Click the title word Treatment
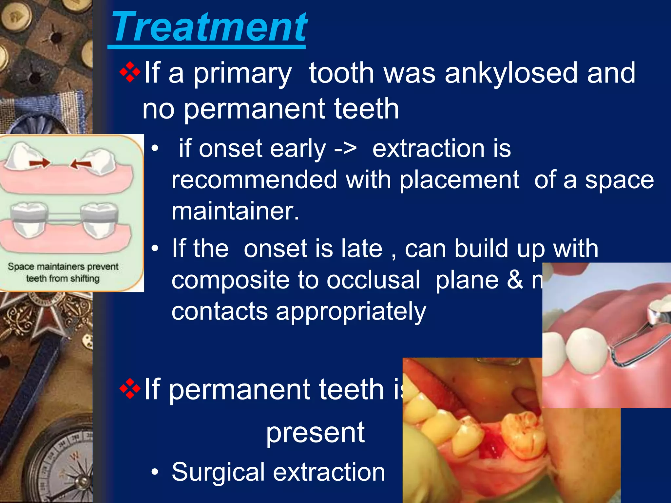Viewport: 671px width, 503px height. tap(209, 28)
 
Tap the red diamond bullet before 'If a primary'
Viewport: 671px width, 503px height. tap(130, 72)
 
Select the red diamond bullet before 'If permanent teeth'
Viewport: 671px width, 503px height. tap(130, 389)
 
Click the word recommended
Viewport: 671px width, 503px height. tap(254, 180)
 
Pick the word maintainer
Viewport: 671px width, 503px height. tap(235, 211)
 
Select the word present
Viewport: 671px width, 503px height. tap(315, 433)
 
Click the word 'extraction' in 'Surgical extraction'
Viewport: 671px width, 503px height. tap(329, 472)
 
